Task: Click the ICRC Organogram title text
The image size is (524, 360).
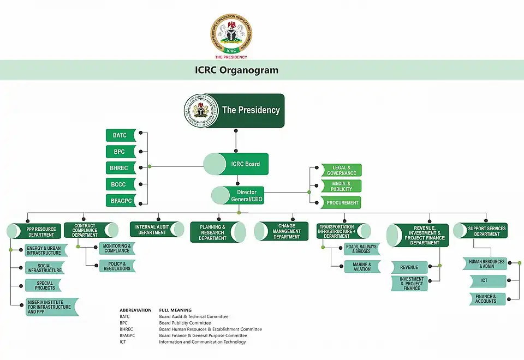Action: coord(236,70)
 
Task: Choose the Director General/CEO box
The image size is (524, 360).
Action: coord(239,196)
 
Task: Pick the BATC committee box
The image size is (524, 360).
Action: coord(120,135)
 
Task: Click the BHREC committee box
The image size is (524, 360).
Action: coord(120,168)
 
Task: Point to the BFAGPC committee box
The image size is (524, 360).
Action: coord(120,201)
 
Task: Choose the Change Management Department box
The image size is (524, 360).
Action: coord(282,231)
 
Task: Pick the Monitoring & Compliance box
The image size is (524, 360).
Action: coord(116,249)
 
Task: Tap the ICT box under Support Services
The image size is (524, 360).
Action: coord(484,281)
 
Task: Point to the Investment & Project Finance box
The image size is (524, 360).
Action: coord(411,284)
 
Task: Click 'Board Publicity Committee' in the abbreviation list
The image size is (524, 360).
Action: coord(184,323)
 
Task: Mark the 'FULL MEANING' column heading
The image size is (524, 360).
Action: coord(175,310)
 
